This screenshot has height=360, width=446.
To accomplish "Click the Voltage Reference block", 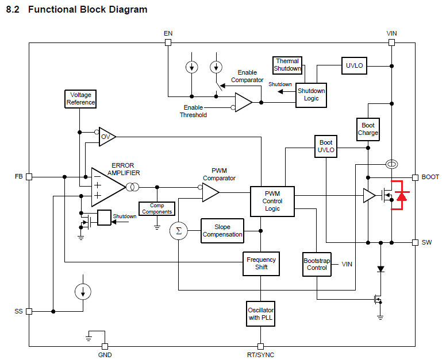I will tap(80, 99).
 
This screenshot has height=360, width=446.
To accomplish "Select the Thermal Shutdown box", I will tap(287, 65).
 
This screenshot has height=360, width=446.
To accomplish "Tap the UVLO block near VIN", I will tap(354, 65).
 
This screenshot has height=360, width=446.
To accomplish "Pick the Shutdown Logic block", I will tap(311, 95).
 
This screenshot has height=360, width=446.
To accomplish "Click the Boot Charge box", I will tap(368, 129).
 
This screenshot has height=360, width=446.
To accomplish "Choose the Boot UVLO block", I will tap(325, 146).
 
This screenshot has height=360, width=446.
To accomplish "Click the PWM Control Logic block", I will tap(272, 201).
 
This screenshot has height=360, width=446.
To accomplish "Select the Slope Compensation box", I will tap(222, 231).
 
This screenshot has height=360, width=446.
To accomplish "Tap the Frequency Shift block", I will tap(261, 264).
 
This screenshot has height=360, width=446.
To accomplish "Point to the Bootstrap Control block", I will tap(317, 264).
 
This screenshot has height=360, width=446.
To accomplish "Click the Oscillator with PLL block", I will tap(261, 314).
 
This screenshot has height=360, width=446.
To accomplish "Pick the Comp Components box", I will tap(156, 208).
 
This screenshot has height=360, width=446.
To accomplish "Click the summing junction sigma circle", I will tap(178, 231).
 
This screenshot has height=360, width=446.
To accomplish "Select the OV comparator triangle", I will tap(107, 137).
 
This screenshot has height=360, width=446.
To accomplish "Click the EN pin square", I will tap(168, 42).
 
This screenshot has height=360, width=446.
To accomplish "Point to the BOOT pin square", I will tap(415, 177).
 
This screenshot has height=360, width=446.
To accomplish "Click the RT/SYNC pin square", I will tap(260, 346).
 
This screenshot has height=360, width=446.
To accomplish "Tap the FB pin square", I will tap(29, 177).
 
